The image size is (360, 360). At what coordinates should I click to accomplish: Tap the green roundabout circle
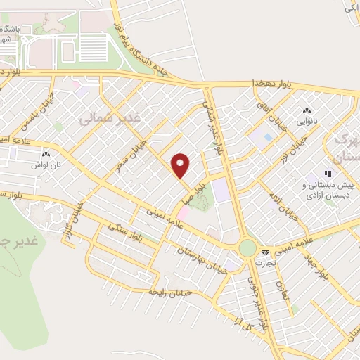coord(247,248)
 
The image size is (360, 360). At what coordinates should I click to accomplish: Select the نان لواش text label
coord(46,165)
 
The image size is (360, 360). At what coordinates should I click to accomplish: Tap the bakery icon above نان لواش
coord(46,154)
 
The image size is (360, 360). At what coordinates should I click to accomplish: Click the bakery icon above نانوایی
coord(306,111)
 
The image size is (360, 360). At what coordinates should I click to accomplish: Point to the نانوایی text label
coord(306,122)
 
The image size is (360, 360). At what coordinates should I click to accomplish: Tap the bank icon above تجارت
coord(264,252)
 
